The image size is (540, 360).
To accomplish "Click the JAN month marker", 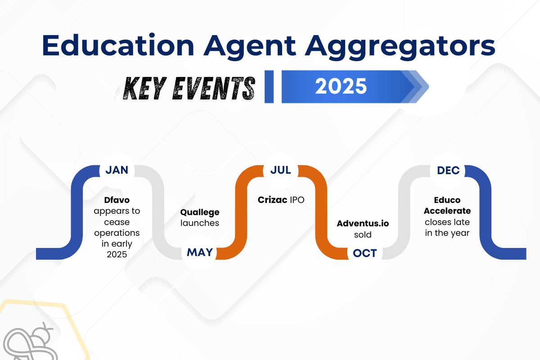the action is pyautogui.click(x=117, y=170).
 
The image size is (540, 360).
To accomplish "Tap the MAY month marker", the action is pyautogui.click(x=200, y=252).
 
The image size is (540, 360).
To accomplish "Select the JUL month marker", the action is pyautogui.click(x=281, y=170).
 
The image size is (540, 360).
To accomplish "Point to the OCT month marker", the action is pyautogui.click(x=365, y=253).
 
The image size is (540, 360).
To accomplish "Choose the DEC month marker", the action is pyautogui.click(x=448, y=171).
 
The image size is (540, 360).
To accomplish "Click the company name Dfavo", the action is pyautogui.click(x=117, y=200).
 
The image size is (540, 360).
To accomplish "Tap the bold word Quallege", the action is pyautogui.click(x=200, y=212).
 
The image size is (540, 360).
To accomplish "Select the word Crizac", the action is pyautogui.click(x=272, y=200).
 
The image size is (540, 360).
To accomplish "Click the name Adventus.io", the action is pyautogui.click(x=363, y=223).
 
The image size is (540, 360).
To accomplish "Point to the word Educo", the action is pyautogui.click(x=447, y=200).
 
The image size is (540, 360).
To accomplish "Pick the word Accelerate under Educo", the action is pyautogui.click(x=447, y=211).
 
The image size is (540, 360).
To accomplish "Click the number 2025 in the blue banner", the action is pyautogui.click(x=341, y=86).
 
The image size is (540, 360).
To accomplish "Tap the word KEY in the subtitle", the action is pyautogui.click(x=145, y=88).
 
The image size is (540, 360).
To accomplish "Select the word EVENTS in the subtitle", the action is pyautogui.click(x=214, y=88).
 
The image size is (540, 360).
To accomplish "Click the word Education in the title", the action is pyautogui.click(x=118, y=45).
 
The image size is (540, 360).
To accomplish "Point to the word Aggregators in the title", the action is pyautogui.click(x=400, y=47).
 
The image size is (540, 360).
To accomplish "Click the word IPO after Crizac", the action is pyautogui.click(x=297, y=200).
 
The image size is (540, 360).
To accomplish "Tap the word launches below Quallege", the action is pyautogui.click(x=200, y=223).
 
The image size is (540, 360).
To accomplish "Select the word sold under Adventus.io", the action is pyautogui.click(x=363, y=234).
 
